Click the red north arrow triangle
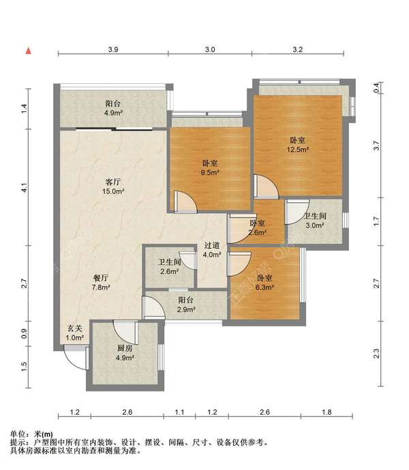[29, 51]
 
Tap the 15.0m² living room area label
[113, 191]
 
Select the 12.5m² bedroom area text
[298, 150]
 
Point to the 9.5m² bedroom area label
[210, 173]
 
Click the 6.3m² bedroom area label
[264, 288]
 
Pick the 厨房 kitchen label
[125, 348]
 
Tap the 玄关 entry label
[74, 329]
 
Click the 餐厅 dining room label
[101, 278]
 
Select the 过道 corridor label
[212, 245]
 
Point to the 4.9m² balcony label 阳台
[113, 104]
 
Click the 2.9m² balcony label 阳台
[186, 300]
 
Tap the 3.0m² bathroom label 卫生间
[315, 216]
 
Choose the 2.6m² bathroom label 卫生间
[170, 262]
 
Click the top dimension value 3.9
[113, 49]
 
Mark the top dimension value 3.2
[298, 49]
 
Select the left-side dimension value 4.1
[25, 188]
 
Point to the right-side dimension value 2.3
[377, 354]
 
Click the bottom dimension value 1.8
[327, 412]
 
